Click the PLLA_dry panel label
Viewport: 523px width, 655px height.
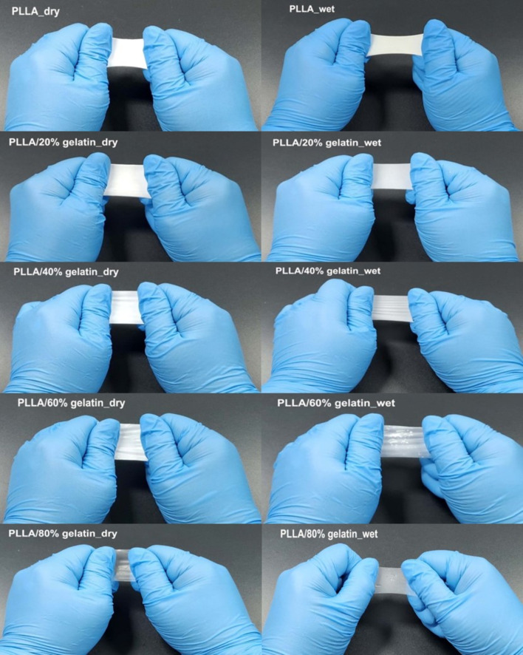pos(35,11)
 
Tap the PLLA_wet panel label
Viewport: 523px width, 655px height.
pos(312,9)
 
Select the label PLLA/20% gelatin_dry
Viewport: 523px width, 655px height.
pos(63,143)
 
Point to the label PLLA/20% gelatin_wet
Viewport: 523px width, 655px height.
pos(327,143)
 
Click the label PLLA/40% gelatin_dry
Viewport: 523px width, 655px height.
pos(66,272)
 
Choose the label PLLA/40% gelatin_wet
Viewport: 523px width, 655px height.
pos(328,271)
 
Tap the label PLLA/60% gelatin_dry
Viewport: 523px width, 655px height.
pos(72,403)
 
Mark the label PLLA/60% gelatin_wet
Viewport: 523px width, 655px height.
pos(336,403)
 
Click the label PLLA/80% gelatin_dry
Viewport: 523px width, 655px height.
pos(63,534)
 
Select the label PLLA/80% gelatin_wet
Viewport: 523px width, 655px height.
pos(329,534)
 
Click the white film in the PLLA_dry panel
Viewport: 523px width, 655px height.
pos(127,52)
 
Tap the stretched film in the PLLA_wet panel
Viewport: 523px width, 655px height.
pos(394,44)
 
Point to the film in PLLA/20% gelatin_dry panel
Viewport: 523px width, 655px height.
pos(127,180)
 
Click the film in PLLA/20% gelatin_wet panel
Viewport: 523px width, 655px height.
pos(392,176)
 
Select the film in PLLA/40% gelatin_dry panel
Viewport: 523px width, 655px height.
pos(126,308)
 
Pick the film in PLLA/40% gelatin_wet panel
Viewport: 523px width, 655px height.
pos(392,308)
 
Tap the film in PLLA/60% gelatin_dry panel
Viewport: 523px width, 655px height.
pos(130,442)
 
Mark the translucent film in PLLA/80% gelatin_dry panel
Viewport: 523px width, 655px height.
pos(123,566)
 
